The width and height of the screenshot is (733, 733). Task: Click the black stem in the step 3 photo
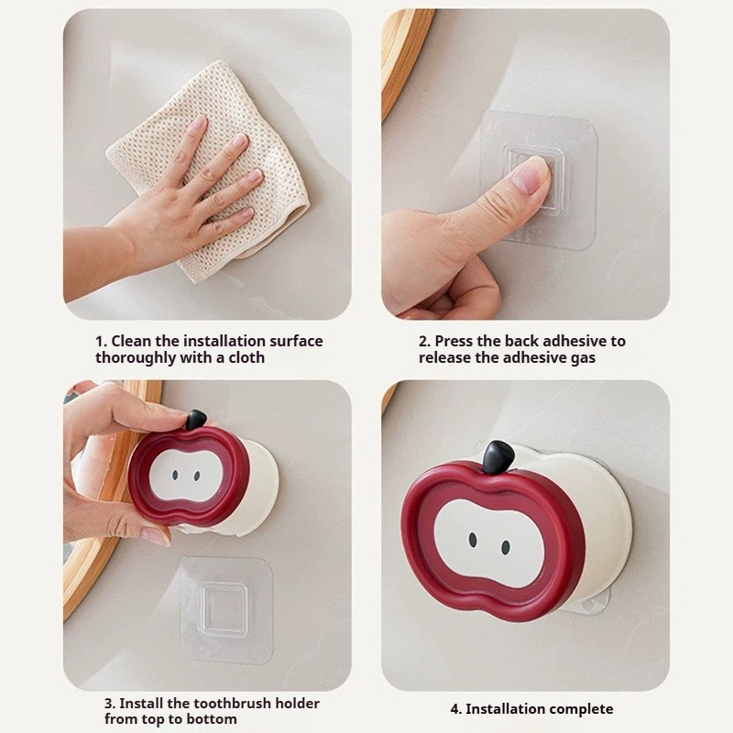[x=195, y=420]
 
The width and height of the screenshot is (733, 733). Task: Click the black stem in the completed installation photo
[x=498, y=456]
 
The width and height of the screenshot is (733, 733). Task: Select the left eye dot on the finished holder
[x=473, y=540]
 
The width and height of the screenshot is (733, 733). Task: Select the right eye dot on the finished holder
[x=506, y=547]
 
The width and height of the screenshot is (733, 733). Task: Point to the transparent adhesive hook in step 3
[x=226, y=609]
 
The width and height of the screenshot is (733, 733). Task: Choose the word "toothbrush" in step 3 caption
[x=233, y=703]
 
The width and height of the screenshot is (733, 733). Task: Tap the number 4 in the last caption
[x=455, y=708]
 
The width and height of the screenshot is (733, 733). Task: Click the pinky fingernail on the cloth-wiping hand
[x=246, y=213]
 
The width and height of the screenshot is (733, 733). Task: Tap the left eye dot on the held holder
[x=175, y=475]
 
